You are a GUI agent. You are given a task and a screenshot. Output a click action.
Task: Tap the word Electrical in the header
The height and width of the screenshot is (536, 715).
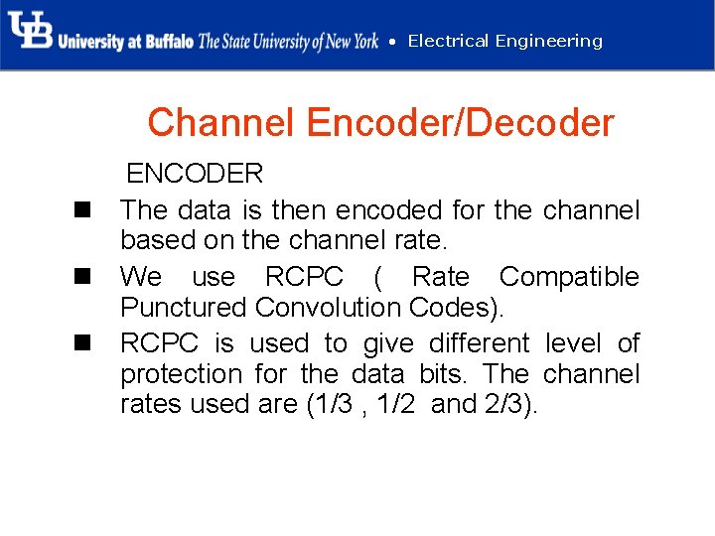(x=448, y=41)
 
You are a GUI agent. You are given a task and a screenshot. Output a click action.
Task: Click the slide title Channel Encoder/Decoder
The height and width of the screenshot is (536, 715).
(x=380, y=123)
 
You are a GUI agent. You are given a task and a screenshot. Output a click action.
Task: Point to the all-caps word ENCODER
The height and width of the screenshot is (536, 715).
(x=195, y=174)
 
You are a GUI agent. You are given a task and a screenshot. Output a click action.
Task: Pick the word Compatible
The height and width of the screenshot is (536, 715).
(x=569, y=276)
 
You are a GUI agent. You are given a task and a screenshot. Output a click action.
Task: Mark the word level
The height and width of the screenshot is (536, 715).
(x=573, y=343)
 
